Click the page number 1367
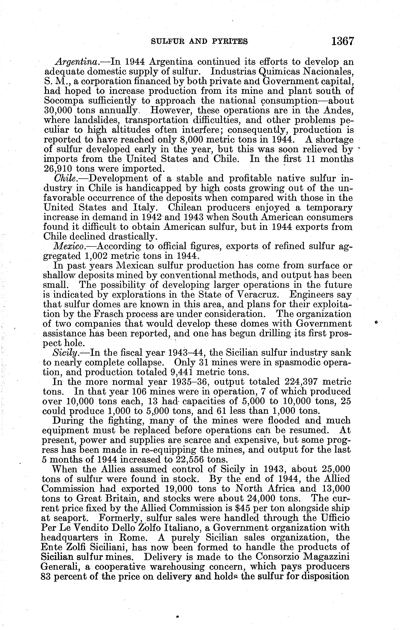(x=343, y=41)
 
